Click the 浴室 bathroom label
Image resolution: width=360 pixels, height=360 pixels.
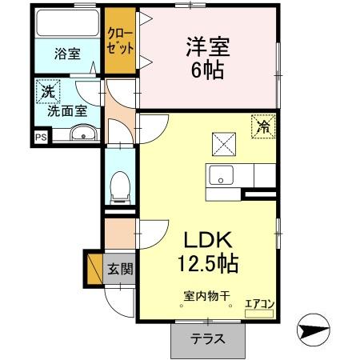(x=66, y=54)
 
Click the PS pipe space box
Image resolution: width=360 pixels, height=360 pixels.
(x=40, y=137)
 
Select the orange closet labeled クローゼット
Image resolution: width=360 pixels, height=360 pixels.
(x=121, y=40)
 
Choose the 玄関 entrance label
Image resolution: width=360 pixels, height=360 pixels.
(x=120, y=268)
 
